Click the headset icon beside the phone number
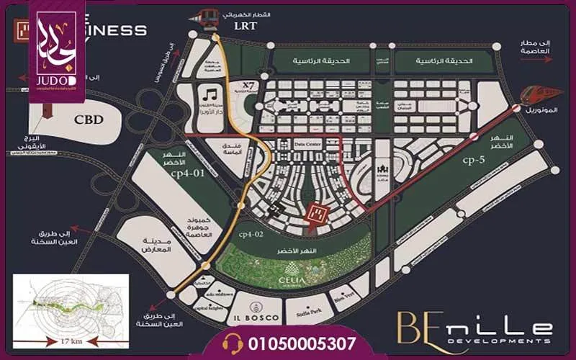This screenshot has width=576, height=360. click(234, 341)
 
